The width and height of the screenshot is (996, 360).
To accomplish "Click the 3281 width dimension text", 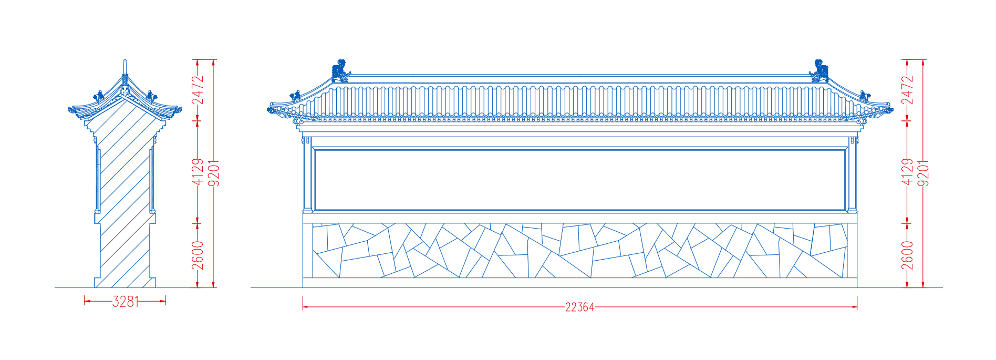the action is point(125,301).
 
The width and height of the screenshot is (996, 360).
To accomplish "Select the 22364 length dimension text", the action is point(579,307).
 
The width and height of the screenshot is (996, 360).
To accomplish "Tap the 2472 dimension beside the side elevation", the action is point(198,90).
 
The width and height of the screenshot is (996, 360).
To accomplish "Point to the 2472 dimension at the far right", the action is point(907,90).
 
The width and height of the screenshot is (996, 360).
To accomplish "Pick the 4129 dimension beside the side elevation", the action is point(198,172).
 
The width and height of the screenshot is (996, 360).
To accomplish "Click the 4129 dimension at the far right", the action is point(907,172).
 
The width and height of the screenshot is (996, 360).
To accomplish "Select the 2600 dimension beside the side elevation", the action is point(198,255).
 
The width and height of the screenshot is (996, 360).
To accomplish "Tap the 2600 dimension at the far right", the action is point(907,255).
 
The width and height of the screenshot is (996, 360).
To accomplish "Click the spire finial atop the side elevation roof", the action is point(125,67).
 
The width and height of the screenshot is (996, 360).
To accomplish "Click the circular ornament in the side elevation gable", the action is point(125,91).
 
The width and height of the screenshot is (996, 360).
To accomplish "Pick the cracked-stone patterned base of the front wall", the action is point(580,250).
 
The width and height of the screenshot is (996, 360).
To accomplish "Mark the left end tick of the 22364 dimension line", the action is point(303,303).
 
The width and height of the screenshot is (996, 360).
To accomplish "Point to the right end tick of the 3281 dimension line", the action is point(165,301).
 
